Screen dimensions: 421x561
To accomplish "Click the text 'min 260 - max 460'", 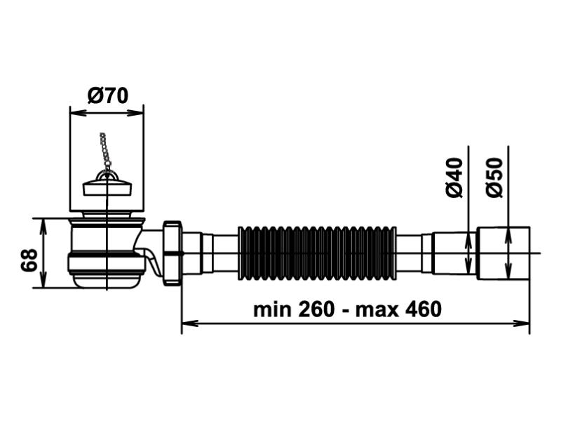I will pyautogui.click(x=347, y=309).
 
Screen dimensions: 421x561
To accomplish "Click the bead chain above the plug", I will pyautogui.click(x=105, y=151).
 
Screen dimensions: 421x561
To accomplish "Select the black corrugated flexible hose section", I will pyautogui.click(x=317, y=253).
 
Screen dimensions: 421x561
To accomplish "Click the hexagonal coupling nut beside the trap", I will pyautogui.click(x=172, y=253).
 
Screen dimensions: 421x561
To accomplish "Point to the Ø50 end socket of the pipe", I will pyautogui.click(x=504, y=253).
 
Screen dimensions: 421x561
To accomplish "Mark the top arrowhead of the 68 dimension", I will pyautogui.click(x=44, y=223).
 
